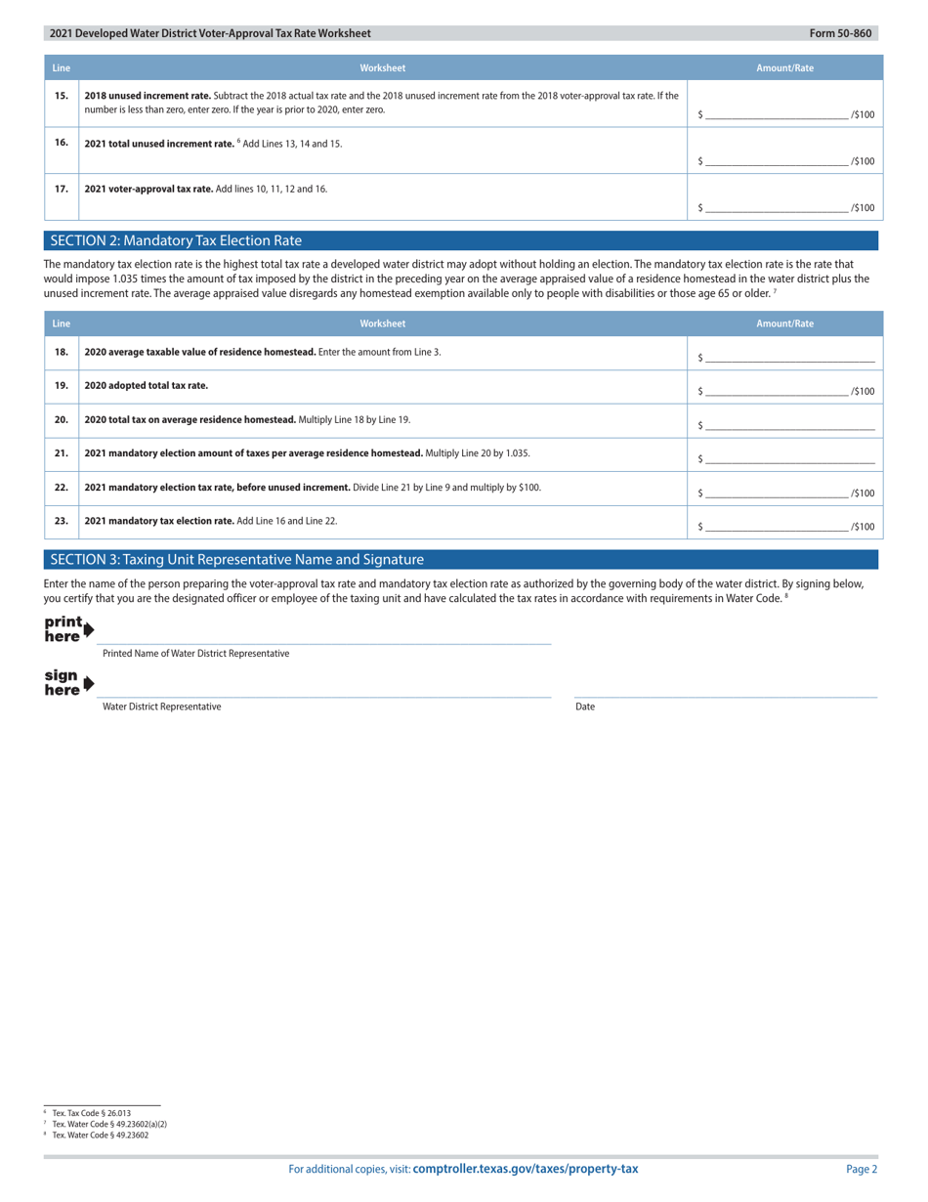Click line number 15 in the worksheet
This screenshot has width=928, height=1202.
click(61, 96)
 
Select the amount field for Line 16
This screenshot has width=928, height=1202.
click(777, 160)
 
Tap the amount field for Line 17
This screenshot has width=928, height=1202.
click(777, 207)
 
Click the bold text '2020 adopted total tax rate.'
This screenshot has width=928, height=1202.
click(147, 385)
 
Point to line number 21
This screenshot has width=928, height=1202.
click(61, 453)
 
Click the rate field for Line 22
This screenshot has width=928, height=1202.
click(777, 493)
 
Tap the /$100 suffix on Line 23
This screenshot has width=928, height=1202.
click(863, 527)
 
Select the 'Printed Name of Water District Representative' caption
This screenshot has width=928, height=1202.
click(195, 653)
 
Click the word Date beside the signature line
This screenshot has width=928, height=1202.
click(585, 707)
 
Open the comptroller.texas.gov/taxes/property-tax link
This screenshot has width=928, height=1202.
click(526, 1169)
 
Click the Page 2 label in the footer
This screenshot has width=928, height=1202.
click(862, 1169)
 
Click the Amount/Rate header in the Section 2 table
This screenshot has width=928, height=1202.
click(784, 323)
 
